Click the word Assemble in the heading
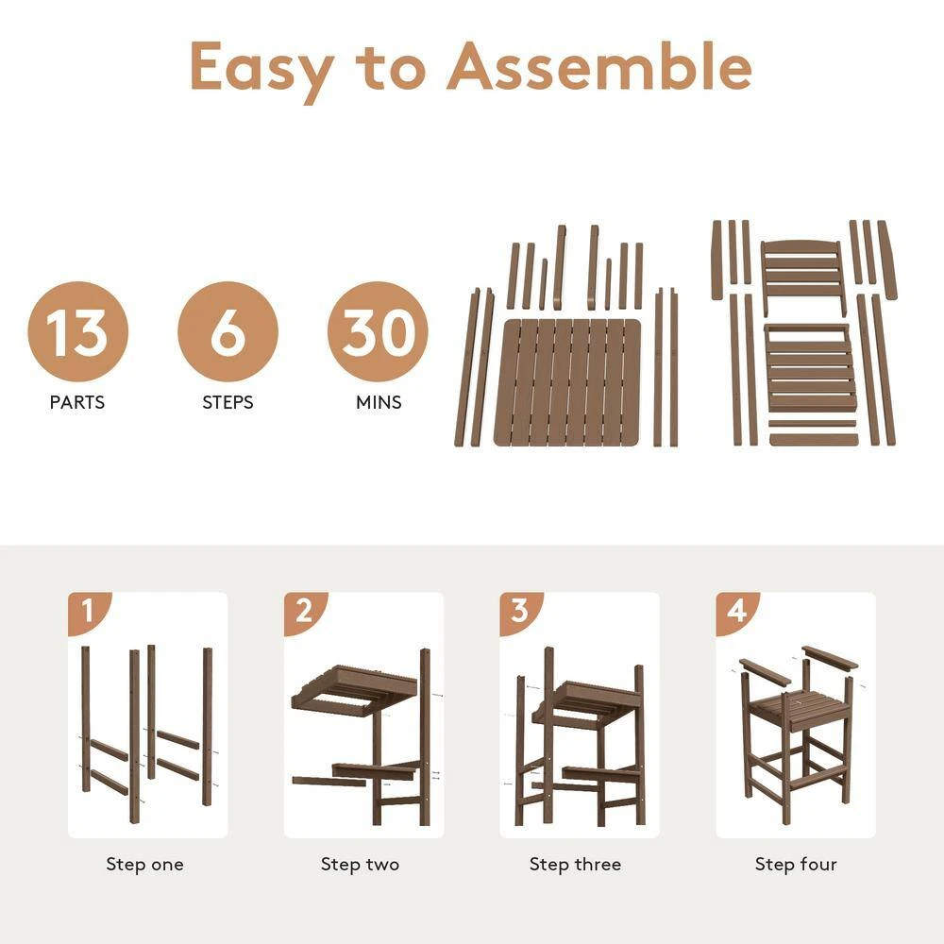click(x=599, y=66)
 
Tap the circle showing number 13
click(x=77, y=331)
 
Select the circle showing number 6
click(x=228, y=331)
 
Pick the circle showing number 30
click(x=378, y=331)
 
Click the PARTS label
click(x=77, y=402)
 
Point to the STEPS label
click(x=228, y=402)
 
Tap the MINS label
click(x=379, y=402)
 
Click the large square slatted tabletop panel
click(x=568, y=382)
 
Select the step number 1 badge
click(x=88, y=612)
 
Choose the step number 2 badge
click(x=304, y=612)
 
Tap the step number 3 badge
click(x=520, y=612)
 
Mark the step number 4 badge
click(x=736, y=612)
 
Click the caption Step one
click(x=144, y=864)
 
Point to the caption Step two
click(x=360, y=864)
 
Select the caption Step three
click(x=575, y=864)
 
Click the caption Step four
click(x=795, y=864)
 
